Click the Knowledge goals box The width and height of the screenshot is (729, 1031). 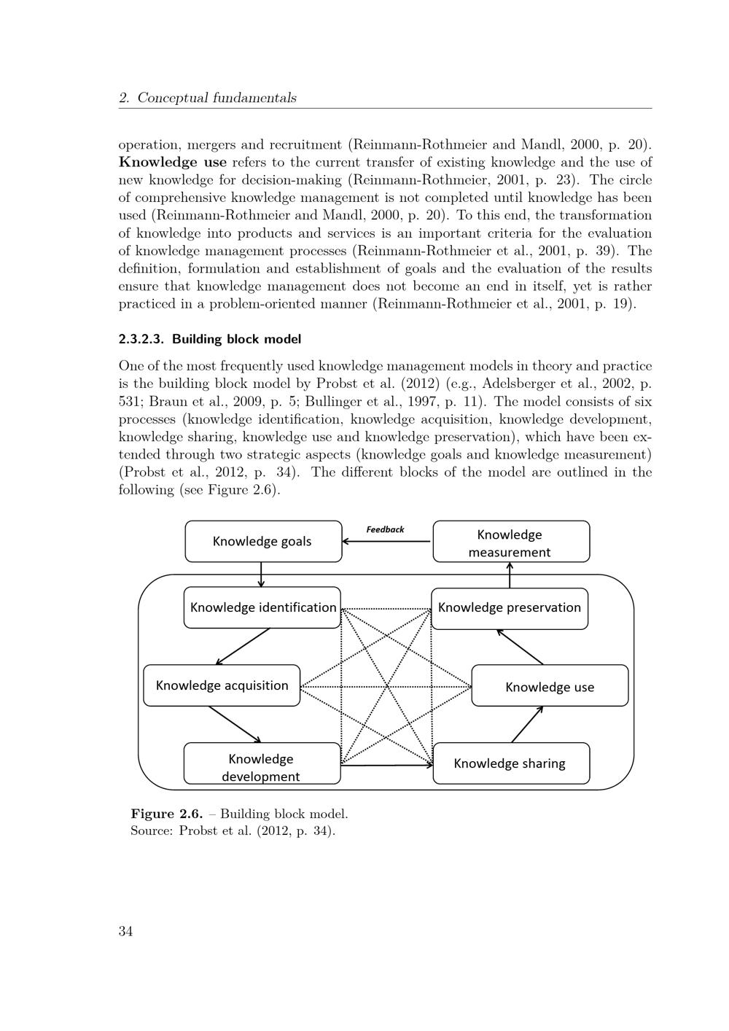263,541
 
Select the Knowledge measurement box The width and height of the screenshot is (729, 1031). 511,542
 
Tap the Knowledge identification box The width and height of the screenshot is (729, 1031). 262,607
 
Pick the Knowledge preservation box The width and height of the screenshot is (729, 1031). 510,607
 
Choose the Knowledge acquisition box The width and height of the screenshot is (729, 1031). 222,685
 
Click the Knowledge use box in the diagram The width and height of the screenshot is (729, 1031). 550,686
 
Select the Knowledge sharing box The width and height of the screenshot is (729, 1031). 510,763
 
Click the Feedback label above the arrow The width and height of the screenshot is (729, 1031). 385,530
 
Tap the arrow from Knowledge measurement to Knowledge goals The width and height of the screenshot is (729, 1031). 387,542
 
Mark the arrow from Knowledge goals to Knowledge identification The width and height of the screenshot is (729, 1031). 261,575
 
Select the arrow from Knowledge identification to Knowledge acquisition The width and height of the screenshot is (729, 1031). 243,647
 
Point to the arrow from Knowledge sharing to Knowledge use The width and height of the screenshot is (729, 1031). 528,724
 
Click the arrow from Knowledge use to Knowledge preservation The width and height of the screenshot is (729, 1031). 520,647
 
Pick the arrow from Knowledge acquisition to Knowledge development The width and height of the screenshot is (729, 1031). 235,724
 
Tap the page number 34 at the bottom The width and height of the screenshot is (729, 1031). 125,931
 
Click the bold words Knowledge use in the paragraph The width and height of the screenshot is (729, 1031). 173,162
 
